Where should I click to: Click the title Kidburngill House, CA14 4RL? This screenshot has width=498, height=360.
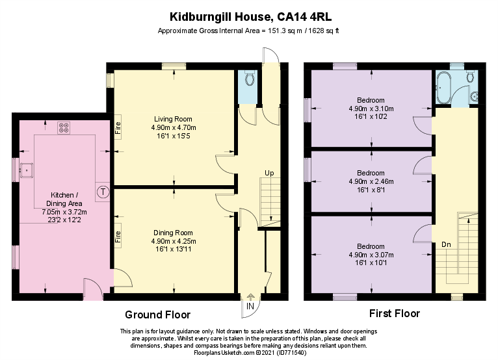click(249, 15)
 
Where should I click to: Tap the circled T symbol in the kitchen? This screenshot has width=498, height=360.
click(103, 192)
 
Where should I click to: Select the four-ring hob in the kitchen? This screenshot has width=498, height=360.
click(64, 127)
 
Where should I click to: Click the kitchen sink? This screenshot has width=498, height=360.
click(27, 170)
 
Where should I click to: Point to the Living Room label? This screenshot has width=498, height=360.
click(173, 119)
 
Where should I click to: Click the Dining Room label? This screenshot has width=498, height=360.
click(173, 233)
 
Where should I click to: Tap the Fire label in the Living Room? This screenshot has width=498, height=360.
click(118, 128)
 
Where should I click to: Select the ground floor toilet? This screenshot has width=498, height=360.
click(248, 79)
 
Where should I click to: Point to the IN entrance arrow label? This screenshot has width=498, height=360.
click(250, 306)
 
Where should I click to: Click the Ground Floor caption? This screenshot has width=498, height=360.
click(157, 315)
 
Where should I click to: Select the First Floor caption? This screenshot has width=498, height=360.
click(395, 314)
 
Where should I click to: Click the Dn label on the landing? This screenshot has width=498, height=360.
click(447, 244)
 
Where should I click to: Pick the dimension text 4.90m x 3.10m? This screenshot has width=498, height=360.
click(371, 109)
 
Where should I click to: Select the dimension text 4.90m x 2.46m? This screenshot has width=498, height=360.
click(371, 181)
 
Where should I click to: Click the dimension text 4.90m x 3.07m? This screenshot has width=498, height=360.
click(371, 255)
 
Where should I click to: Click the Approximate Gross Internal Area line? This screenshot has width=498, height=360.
click(249, 31)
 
